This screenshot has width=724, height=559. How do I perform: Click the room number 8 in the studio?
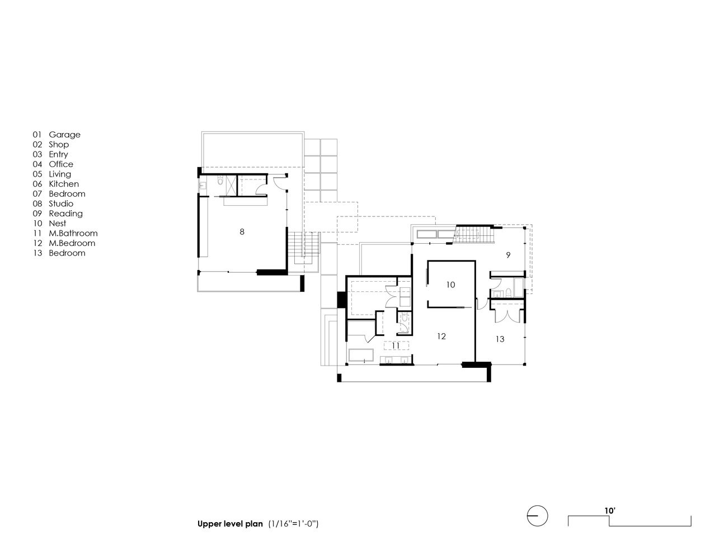click(x=242, y=231)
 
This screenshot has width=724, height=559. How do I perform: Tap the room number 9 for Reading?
click(x=508, y=255)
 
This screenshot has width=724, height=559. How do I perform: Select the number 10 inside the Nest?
click(x=450, y=285)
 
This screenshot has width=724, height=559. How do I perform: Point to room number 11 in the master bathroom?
click(x=396, y=345)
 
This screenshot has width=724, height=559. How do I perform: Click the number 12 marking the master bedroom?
click(x=441, y=337)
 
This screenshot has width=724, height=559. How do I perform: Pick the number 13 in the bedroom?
click(x=500, y=339)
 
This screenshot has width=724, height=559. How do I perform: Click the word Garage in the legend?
click(x=65, y=135)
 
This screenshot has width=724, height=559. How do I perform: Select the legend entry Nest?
click(x=57, y=223)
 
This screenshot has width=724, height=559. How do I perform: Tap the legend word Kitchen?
click(x=64, y=184)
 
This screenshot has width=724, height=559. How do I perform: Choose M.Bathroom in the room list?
click(x=73, y=233)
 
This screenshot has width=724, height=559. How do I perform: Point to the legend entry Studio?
click(x=61, y=203)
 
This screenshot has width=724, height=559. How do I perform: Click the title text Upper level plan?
click(x=230, y=524)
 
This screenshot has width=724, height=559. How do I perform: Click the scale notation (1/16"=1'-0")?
click(x=293, y=524)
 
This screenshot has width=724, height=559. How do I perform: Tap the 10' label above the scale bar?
click(x=610, y=510)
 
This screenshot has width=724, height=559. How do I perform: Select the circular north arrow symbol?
click(x=537, y=516)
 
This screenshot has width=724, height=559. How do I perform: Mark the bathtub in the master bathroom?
click(x=361, y=356)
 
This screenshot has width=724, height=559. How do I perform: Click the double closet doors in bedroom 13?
click(x=507, y=316)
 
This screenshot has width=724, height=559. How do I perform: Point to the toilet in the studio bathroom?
click(x=220, y=181)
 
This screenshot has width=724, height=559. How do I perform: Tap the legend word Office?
click(x=61, y=164)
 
